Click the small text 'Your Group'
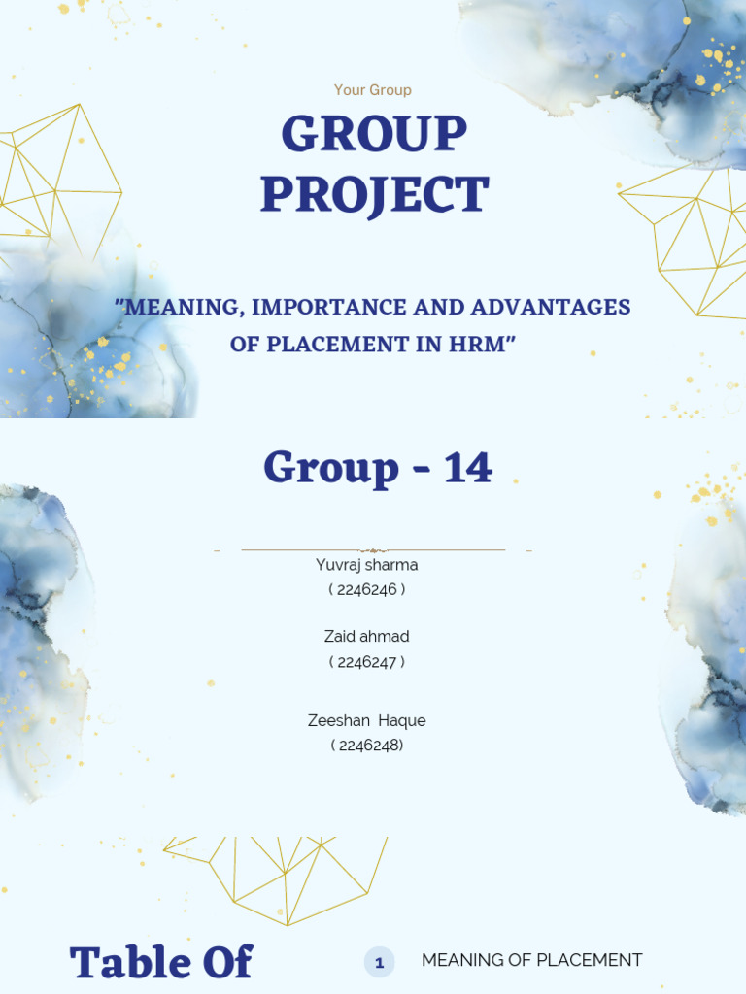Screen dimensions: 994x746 tap(373, 90)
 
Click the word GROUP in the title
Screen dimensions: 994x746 tap(374, 135)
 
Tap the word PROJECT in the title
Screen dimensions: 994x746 tap(374, 195)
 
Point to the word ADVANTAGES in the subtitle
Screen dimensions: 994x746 tap(551, 308)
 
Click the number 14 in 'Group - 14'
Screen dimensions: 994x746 tap(468, 468)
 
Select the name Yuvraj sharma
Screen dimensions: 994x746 tap(367, 565)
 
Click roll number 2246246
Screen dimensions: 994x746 tap(367, 589)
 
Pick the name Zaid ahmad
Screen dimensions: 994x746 tap(367, 637)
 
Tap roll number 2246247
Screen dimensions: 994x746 tap(367, 662)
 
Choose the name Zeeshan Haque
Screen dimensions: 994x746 tap(367, 720)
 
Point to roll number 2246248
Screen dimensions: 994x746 tap(367, 745)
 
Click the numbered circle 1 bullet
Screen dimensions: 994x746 tap(379, 963)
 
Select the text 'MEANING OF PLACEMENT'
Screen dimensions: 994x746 tap(531, 960)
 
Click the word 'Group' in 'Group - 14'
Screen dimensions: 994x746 tap(331, 468)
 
